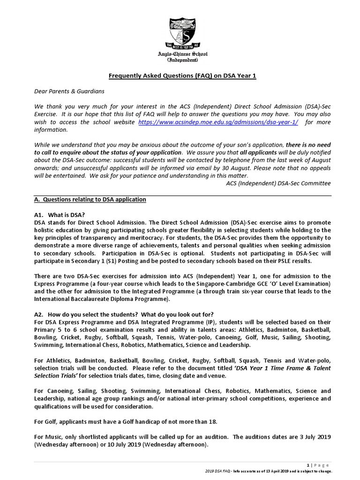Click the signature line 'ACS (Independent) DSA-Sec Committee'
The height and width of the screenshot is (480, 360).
coord(278,183)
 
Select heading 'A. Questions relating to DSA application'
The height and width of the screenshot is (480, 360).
coord(90,199)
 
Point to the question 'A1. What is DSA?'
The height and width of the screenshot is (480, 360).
coord(59,215)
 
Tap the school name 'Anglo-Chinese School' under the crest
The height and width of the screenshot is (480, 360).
coord(182,54)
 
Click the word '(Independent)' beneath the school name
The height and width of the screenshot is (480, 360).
coord(182,60)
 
